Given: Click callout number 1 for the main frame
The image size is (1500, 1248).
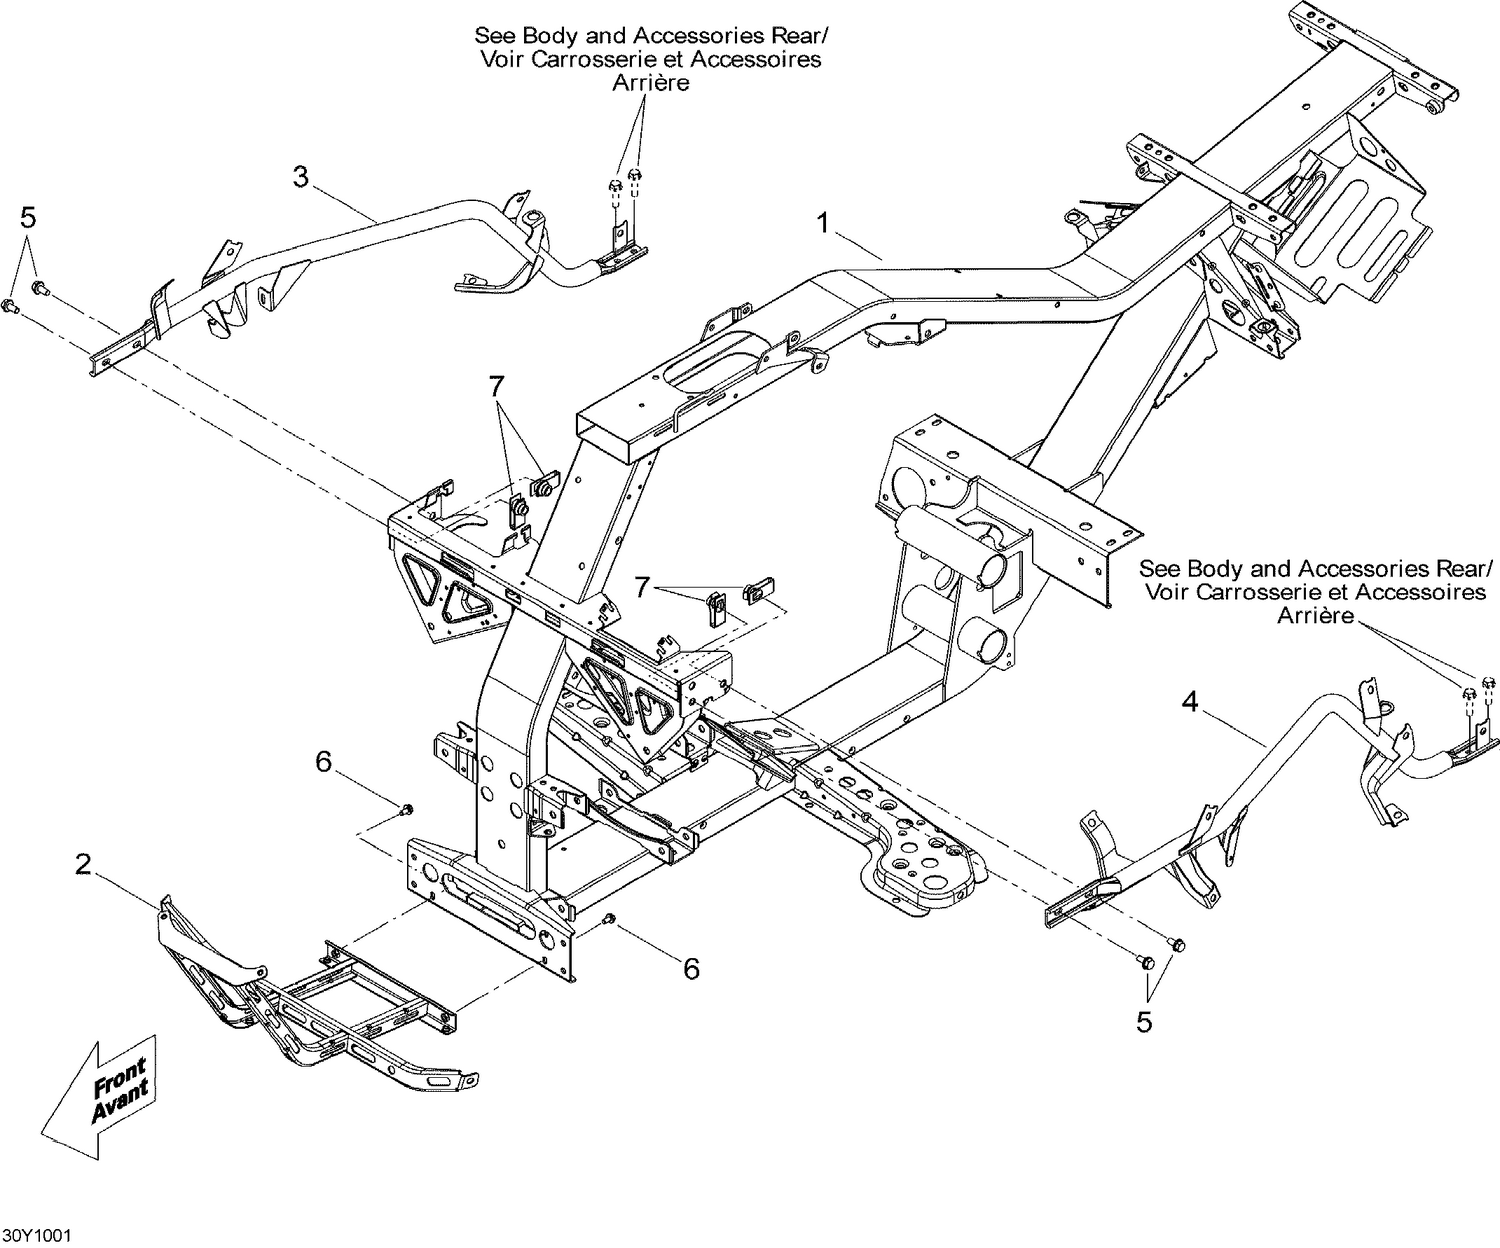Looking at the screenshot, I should click(x=823, y=223).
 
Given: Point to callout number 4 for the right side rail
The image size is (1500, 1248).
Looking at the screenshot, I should click(x=1189, y=702).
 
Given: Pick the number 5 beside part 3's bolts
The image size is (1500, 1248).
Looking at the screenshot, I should click(x=28, y=216).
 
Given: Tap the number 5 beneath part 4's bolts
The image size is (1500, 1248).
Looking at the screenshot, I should click(x=1144, y=1022).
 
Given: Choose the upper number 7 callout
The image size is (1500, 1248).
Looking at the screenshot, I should click(x=495, y=384).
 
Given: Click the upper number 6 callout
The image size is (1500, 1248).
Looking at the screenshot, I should click(x=323, y=762).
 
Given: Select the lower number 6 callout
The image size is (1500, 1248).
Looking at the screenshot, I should click(x=691, y=967).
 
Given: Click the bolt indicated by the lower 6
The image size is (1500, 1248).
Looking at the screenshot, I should click(x=610, y=918).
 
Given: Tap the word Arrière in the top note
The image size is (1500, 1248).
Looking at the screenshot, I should click(x=650, y=83).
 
